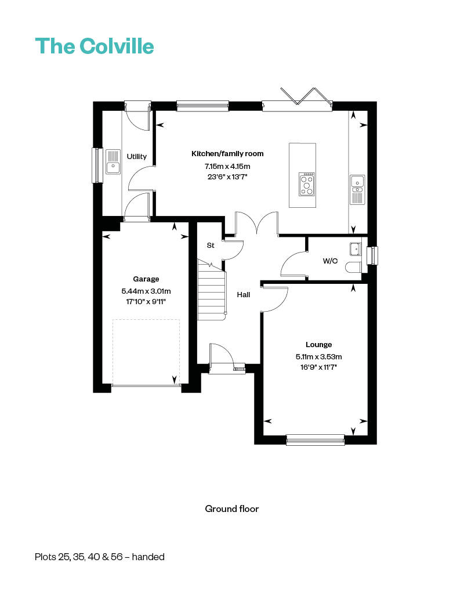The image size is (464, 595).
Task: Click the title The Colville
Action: click(x=95, y=46)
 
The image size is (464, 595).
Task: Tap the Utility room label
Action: click(x=137, y=157)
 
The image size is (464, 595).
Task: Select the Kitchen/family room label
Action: click(x=227, y=154)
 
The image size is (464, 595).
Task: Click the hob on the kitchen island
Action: click(x=307, y=184)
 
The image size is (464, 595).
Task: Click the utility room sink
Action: click(x=112, y=162)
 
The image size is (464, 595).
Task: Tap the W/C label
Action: click(x=330, y=261)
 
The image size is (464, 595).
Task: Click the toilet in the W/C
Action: click(x=353, y=267)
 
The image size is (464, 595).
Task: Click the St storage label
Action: click(x=211, y=246)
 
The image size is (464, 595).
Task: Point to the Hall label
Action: click(x=244, y=295)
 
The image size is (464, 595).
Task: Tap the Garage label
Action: click(x=146, y=279)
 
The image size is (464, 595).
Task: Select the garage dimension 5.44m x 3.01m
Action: click(x=146, y=291)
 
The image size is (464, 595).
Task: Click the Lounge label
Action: click(x=319, y=345)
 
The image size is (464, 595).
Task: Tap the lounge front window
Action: click(x=316, y=439)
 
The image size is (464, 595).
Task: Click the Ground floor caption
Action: click(x=231, y=509)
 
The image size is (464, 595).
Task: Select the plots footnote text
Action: click(x=99, y=557)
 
